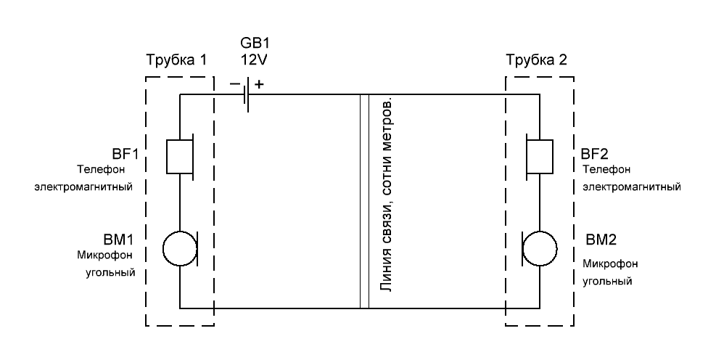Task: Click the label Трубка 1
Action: click(177, 60)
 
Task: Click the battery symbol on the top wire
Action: click(247, 95)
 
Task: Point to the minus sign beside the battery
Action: click(234, 84)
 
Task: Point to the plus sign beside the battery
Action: click(259, 84)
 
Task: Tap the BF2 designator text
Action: click(595, 154)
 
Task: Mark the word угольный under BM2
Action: click(606, 279)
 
